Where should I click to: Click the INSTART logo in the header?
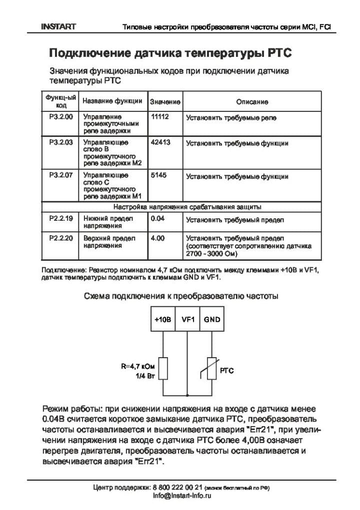coord(58,26)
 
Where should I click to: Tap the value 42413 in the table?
coord(160,142)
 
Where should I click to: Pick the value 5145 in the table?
coord(158,175)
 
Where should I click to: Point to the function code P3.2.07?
coord(61,175)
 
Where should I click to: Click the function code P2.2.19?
coord(61,218)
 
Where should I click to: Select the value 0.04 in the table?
coord(157,218)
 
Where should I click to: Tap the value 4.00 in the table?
coord(157,238)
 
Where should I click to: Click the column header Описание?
coord(252,101)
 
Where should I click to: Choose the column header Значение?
coord(165,101)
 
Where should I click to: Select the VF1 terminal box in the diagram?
coord(187,320)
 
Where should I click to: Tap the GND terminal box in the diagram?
coord(212,320)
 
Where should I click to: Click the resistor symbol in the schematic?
coord(163,369)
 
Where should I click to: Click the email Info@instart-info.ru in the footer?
coord(182,496)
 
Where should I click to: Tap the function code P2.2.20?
coord(61,238)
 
